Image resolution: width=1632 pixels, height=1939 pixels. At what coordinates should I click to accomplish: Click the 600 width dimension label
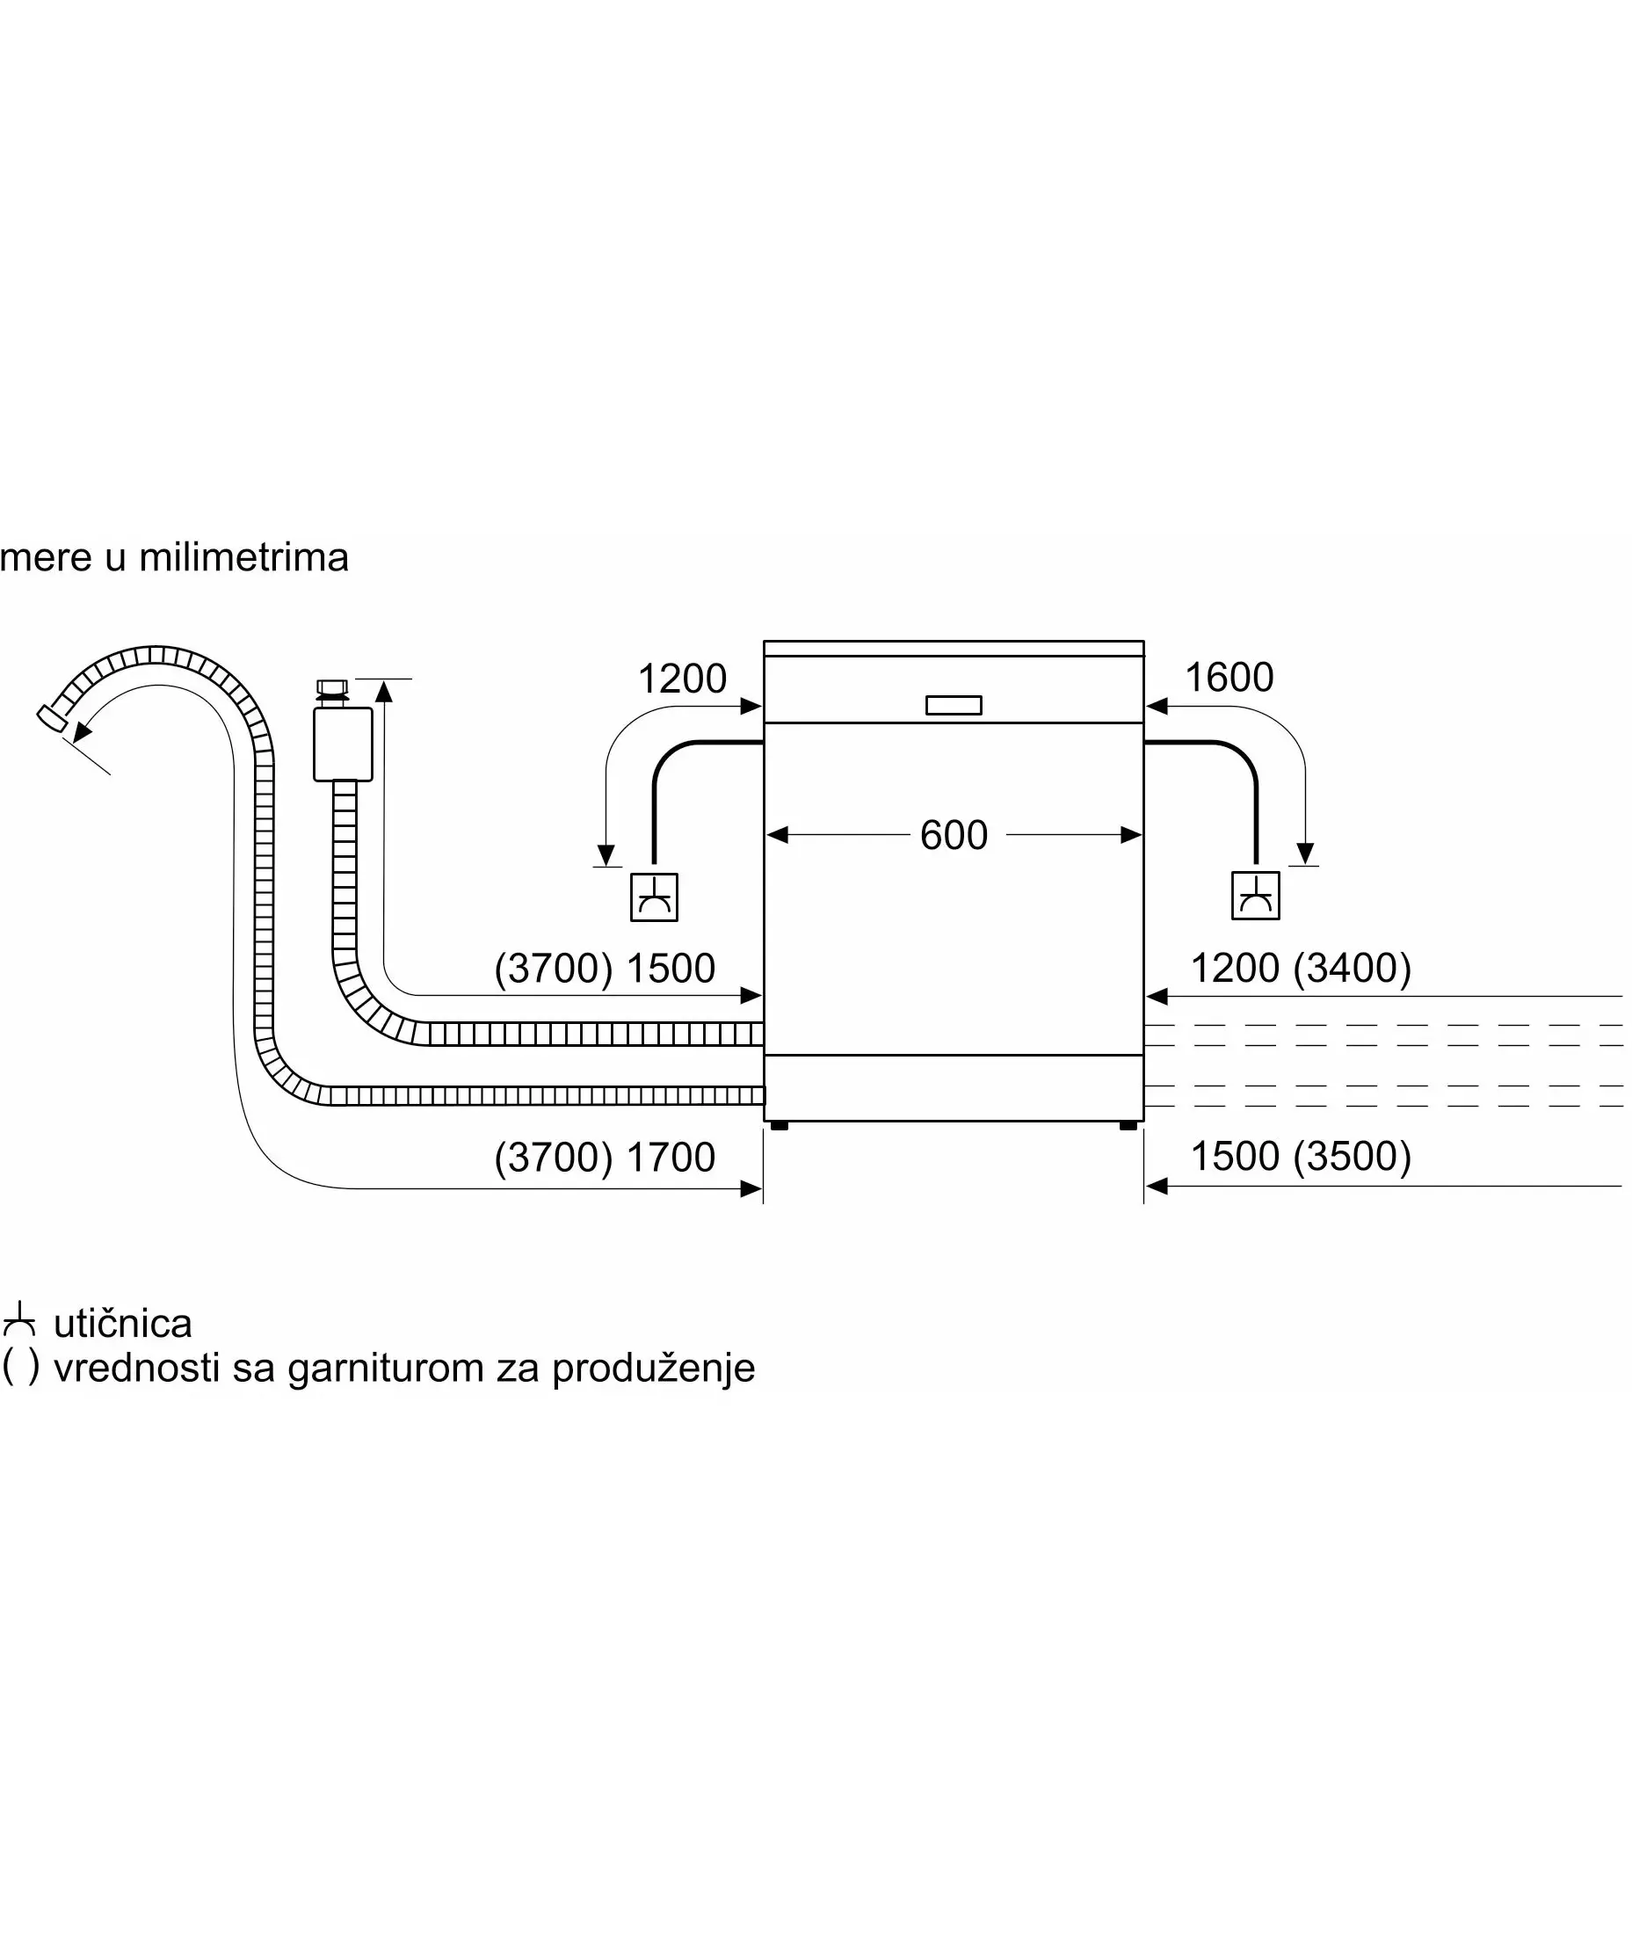pos(953,835)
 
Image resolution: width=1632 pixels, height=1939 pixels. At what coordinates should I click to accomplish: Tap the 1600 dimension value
pos(1229,677)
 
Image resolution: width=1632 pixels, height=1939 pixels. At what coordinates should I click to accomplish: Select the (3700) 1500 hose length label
pos(604,969)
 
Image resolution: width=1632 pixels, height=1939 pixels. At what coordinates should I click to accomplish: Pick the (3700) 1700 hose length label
pos(604,1158)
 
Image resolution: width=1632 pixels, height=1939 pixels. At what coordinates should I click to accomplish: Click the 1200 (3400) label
pos(1300,969)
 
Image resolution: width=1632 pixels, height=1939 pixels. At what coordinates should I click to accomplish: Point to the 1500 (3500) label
pos(1300,1157)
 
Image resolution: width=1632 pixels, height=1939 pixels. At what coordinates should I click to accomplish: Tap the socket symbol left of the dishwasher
pos(654,897)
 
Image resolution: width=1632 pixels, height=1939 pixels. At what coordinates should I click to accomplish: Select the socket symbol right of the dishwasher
pos(1256,896)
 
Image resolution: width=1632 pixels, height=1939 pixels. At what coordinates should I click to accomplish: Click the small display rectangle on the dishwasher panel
pos(953,705)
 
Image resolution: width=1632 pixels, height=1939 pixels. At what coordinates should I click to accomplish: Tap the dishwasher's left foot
pos(779,1126)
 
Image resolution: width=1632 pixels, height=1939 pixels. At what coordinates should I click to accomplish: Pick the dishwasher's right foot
pos(1128,1126)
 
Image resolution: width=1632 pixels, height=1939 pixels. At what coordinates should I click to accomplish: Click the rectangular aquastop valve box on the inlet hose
pos(344,744)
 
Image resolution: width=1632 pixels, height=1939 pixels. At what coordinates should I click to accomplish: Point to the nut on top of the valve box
pos(332,687)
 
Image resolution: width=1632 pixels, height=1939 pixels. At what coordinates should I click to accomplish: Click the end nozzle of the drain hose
pos(52,719)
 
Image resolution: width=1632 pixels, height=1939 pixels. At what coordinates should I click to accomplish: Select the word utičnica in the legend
pos(123,1324)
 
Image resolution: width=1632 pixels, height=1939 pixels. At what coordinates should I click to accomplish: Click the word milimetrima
pos(243,558)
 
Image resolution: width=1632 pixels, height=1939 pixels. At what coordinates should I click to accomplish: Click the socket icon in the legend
pos(19,1321)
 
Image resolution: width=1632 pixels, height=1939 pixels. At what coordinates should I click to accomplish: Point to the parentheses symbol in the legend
pos(20,1368)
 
